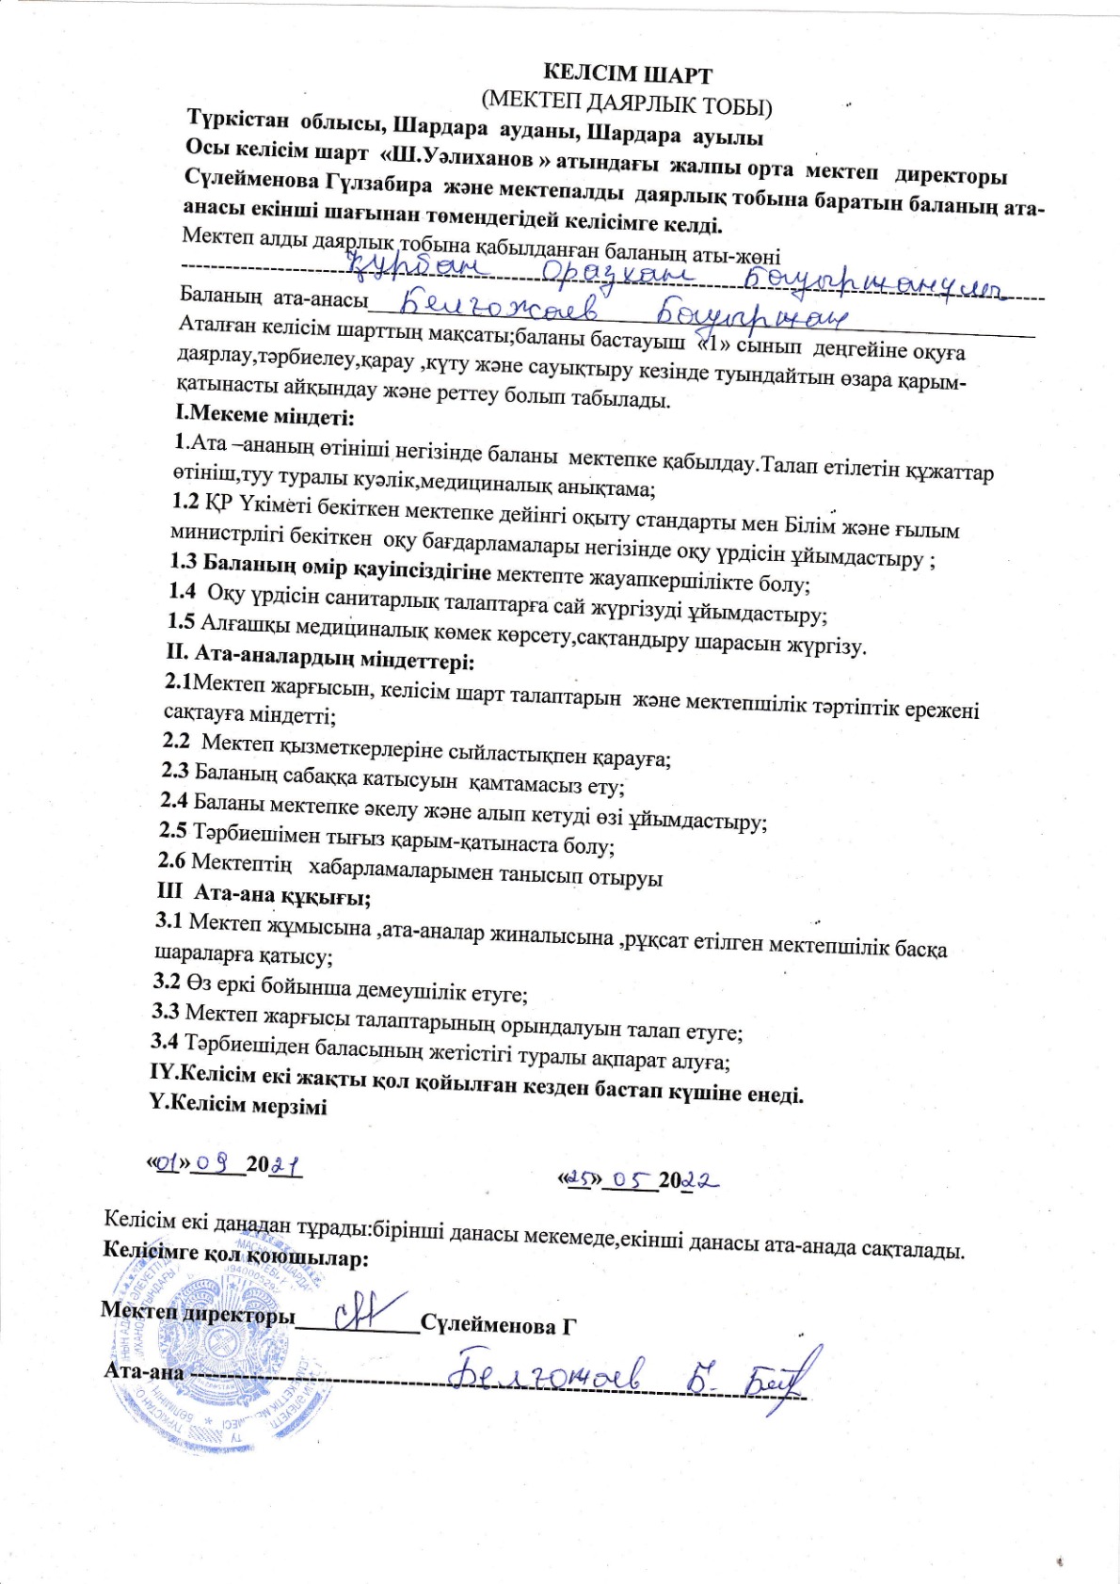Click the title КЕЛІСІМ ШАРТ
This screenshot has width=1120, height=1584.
628,74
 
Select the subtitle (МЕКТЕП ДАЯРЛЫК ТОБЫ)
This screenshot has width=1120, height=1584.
626,102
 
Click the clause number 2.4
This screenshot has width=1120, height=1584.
174,801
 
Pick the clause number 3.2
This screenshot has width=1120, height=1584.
167,982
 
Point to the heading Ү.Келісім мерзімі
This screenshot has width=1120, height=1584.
238,1106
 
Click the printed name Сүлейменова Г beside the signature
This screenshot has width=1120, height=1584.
498,1325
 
